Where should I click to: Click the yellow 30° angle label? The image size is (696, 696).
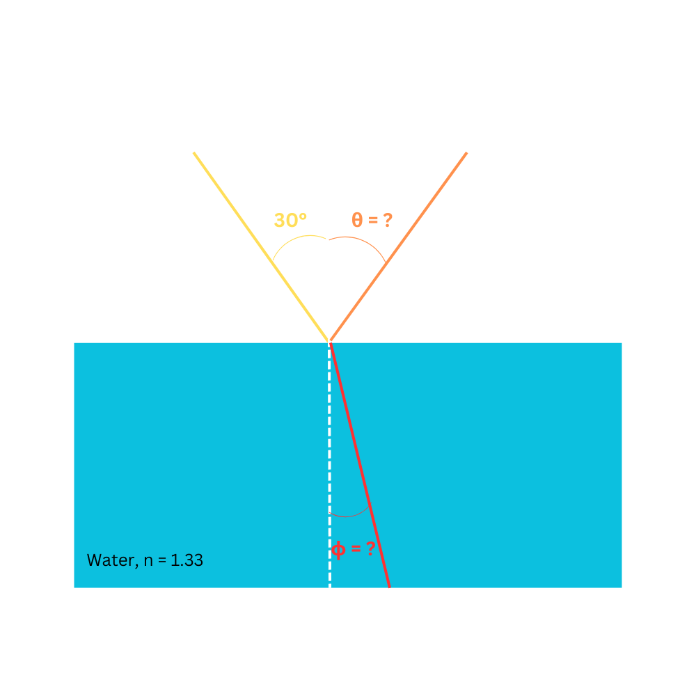290,221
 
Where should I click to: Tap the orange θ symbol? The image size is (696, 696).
357,220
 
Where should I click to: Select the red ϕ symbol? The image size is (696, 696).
338,550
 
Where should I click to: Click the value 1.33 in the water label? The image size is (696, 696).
187,560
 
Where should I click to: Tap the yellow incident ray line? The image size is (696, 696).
258,244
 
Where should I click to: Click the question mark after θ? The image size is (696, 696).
387,220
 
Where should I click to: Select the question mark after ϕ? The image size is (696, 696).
370,548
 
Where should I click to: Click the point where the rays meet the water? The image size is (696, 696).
329,342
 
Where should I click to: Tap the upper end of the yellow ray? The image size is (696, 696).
194,152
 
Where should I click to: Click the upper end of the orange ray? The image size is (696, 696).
466,152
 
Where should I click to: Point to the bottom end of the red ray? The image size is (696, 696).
388,585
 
